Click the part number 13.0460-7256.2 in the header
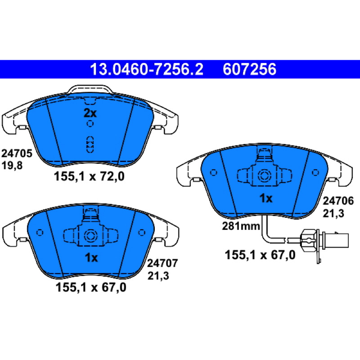(x=147, y=69)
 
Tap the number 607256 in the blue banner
(x=249, y=69)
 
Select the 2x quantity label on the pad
(x=90, y=113)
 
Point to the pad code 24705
(x=17, y=153)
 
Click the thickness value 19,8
(x=12, y=165)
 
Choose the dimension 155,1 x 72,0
(x=89, y=176)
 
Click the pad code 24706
(x=338, y=201)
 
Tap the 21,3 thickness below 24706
(x=333, y=213)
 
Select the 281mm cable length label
(x=241, y=226)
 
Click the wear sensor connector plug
(x=326, y=240)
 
